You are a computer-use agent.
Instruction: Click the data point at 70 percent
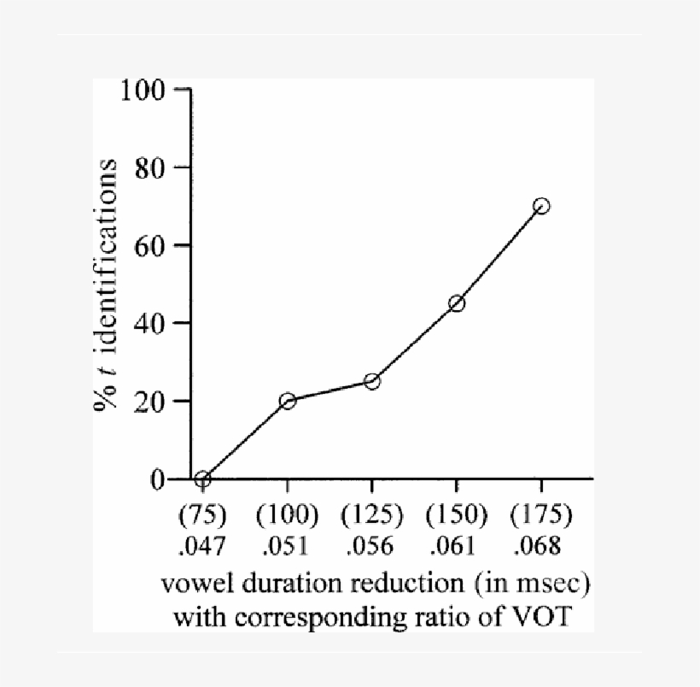tap(541, 206)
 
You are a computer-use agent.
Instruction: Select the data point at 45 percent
tap(457, 303)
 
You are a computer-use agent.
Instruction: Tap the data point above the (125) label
tap(372, 381)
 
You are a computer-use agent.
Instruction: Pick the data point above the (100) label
tap(288, 401)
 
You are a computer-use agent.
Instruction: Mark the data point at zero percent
tap(202, 479)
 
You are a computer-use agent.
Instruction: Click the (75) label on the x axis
tap(202, 515)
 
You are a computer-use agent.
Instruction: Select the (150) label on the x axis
tap(457, 515)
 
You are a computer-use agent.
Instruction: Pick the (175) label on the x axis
tap(541, 515)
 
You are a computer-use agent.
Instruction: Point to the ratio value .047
tap(202, 544)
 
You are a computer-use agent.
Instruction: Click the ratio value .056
tap(372, 544)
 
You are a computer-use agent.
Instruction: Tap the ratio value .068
tap(541, 544)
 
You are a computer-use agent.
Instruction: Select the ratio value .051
tap(288, 544)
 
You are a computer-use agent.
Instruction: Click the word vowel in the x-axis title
tap(193, 587)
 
